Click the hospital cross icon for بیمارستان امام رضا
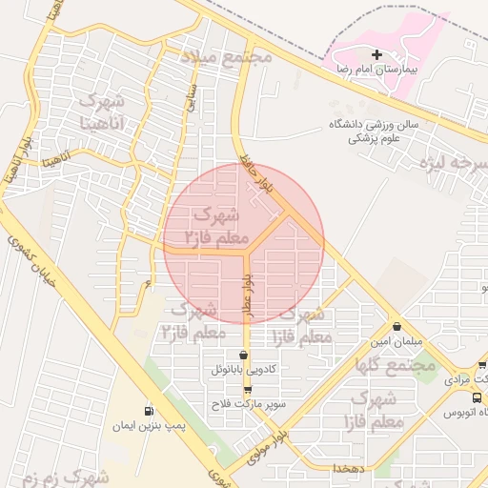(x=377, y=55)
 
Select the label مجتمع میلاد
(x=227, y=56)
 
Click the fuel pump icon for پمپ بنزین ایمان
(x=148, y=412)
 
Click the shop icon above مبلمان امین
(x=396, y=327)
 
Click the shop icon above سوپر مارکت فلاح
(x=248, y=390)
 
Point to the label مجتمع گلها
(x=395, y=364)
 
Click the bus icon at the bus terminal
(x=449, y=412)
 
